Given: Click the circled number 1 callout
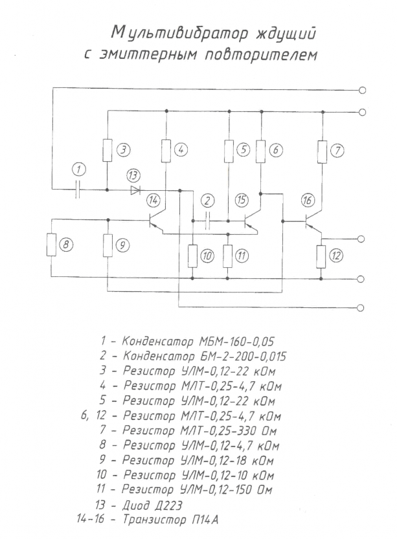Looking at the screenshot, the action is (79, 170).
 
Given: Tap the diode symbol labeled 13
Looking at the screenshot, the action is (135, 190).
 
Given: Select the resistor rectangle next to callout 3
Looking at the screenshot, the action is (108, 151).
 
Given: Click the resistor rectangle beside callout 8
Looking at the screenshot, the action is (51, 245).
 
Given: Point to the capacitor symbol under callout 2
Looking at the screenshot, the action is (207, 221).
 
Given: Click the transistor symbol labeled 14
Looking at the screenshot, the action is (155, 222).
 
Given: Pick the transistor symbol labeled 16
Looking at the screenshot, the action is (312, 223).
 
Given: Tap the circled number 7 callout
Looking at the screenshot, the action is (337, 151).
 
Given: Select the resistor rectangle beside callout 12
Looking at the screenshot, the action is (321, 256).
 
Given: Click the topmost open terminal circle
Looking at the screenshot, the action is (362, 91).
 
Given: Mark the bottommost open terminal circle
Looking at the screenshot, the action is (361, 307).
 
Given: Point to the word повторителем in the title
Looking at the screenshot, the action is (261, 54).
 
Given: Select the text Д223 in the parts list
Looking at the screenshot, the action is (169, 505).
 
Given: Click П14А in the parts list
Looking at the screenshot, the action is (205, 520).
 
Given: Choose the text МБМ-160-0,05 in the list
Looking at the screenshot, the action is (236, 342).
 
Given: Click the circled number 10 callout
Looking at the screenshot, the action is (207, 256).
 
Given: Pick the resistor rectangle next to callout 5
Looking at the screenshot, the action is (229, 151).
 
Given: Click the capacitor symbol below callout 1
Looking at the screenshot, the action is (78, 190).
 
